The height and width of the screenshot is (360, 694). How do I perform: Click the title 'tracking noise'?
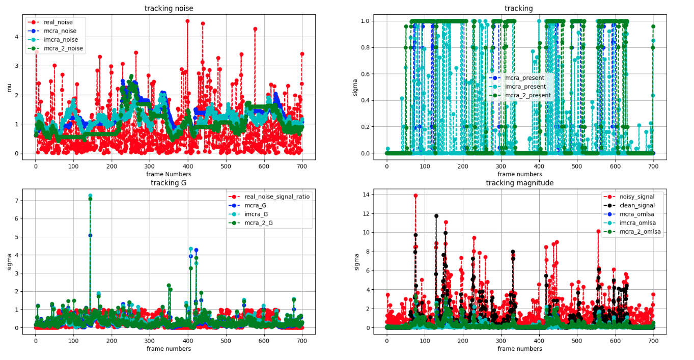click(x=169, y=8)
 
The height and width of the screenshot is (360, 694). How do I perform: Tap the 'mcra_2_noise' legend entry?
click(x=63, y=48)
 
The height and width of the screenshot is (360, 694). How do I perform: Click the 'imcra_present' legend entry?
click(x=524, y=87)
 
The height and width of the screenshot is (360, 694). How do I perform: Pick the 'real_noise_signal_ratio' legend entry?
click(x=276, y=197)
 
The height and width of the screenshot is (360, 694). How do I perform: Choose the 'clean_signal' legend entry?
click(x=629, y=205)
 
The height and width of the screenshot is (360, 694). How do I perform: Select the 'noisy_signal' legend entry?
click(x=629, y=197)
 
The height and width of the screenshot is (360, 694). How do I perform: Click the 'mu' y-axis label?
click(x=9, y=88)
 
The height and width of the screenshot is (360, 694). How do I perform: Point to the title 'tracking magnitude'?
click(x=519, y=183)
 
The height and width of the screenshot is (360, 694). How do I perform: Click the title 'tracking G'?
click(x=168, y=183)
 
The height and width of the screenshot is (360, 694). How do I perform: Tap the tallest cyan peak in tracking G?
click(x=90, y=196)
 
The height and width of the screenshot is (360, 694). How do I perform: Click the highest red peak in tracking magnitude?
click(x=415, y=196)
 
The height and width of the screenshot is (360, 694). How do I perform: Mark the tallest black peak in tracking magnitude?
click(x=436, y=216)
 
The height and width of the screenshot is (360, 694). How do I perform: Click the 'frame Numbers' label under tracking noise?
click(x=169, y=174)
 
